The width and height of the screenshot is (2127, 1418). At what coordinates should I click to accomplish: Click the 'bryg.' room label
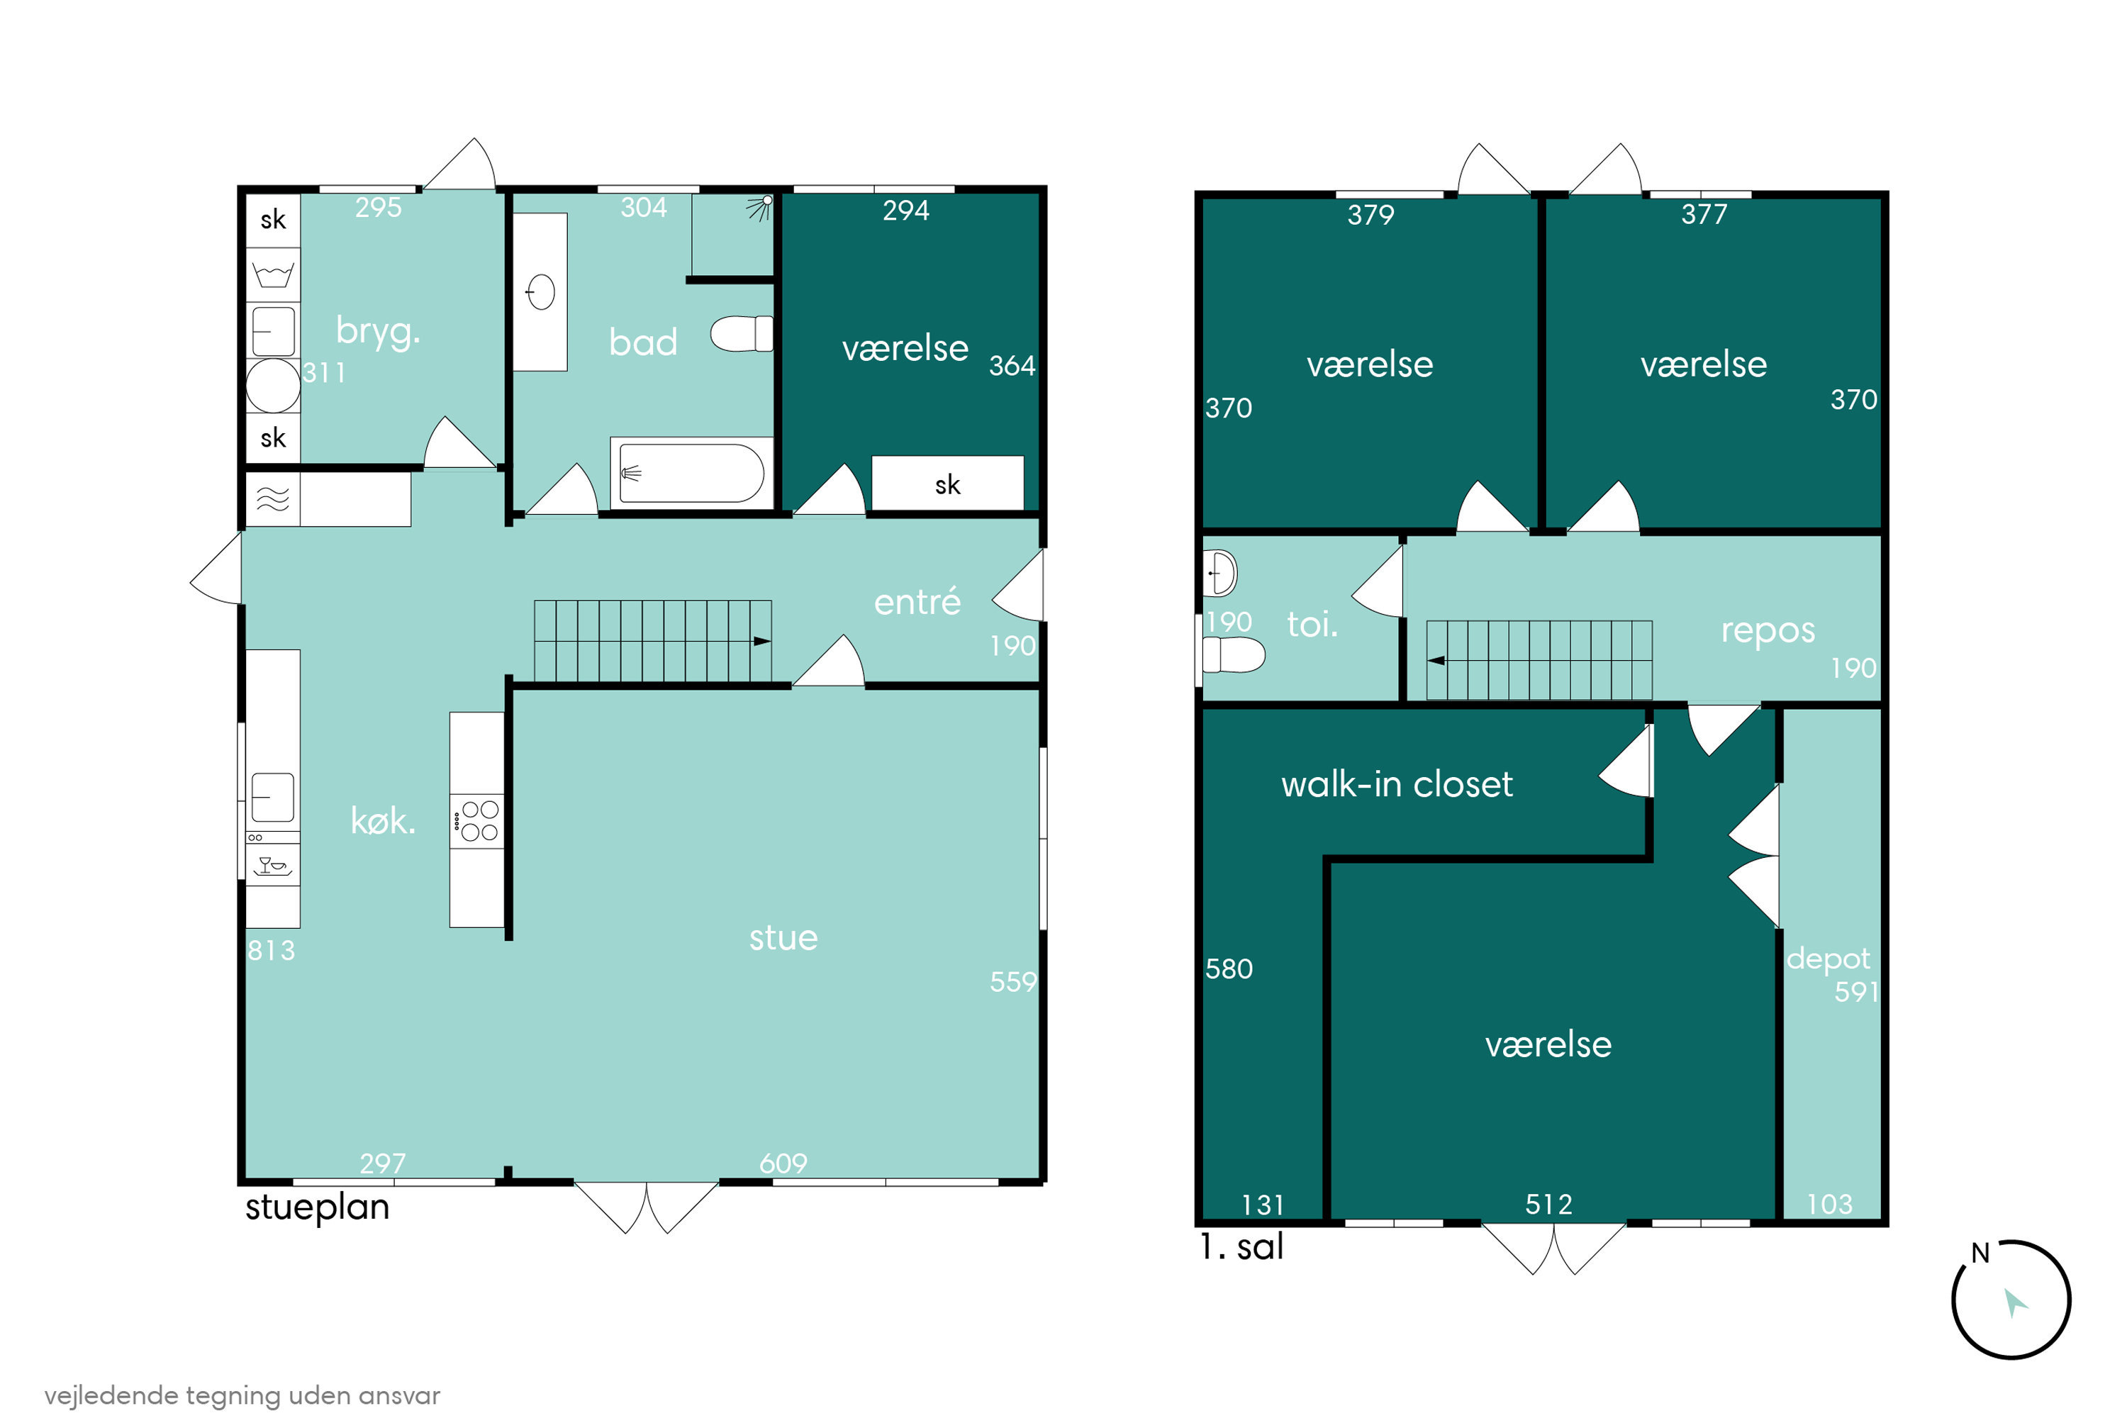(x=378, y=332)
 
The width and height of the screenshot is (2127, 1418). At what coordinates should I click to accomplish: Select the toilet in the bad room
(x=742, y=334)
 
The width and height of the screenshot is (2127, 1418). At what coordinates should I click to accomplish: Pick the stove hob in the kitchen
(x=476, y=820)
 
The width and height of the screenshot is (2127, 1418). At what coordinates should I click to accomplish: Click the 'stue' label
(x=783, y=938)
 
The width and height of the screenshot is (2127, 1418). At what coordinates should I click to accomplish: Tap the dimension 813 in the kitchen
(x=272, y=951)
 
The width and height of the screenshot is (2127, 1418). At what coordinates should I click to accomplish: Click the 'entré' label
(x=917, y=601)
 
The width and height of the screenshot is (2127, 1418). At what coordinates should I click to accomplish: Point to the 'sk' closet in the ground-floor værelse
(x=948, y=483)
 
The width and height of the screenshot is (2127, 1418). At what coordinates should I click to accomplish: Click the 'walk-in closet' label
(x=1396, y=784)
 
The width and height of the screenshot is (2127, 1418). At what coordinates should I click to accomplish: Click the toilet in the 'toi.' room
(x=1233, y=654)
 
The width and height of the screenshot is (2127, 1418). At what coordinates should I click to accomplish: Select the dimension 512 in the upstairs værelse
(x=1548, y=1205)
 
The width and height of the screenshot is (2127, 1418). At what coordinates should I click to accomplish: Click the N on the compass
(x=1980, y=1254)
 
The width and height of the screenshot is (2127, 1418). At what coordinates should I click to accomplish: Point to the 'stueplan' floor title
(x=318, y=1208)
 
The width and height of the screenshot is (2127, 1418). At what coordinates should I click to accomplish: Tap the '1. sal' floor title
(x=1241, y=1247)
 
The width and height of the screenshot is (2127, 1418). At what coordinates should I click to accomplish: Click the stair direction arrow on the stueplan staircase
(x=762, y=641)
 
